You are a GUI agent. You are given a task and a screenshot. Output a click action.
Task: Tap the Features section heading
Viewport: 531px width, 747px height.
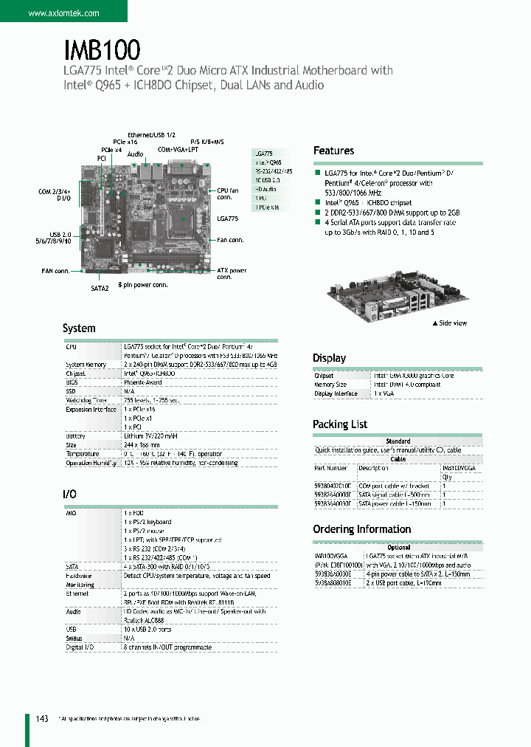(x=333, y=151)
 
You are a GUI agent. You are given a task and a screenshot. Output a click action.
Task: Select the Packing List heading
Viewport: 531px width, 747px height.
(x=340, y=424)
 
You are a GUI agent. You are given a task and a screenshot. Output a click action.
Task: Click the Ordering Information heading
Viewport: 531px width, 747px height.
(x=362, y=529)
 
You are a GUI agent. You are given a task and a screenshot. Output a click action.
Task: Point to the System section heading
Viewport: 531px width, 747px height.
(x=79, y=328)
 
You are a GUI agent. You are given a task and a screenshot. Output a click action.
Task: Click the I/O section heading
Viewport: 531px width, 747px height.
(x=69, y=494)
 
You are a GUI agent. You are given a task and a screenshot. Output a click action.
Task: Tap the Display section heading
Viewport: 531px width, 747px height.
(x=329, y=358)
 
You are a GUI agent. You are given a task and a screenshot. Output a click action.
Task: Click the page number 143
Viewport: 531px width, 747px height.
(x=41, y=718)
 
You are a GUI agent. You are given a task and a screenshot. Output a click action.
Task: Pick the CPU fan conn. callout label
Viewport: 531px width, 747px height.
(x=228, y=194)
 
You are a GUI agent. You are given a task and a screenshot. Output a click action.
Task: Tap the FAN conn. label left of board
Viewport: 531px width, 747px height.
(x=55, y=271)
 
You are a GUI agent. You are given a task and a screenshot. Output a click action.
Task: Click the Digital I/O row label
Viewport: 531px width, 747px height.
(x=81, y=647)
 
